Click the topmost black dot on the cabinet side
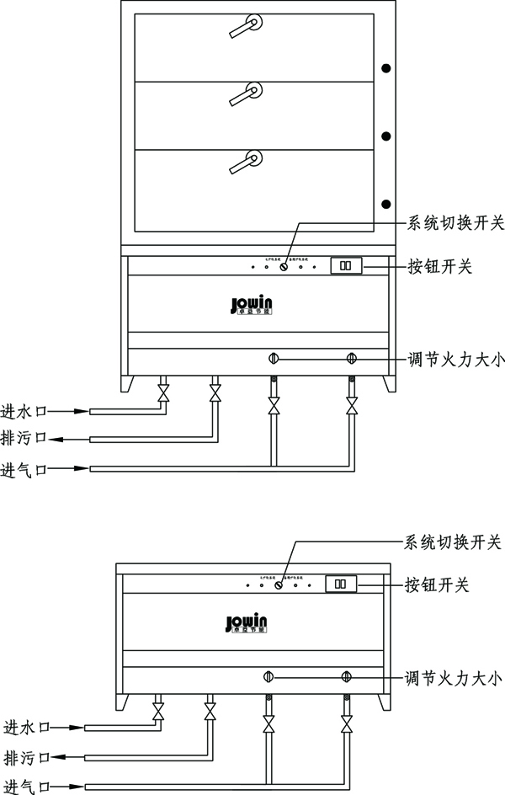(x=386, y=68)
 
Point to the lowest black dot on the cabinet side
(x=386, y=202)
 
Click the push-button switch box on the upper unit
(x=345, y=265)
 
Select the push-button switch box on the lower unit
(x=341, y=584)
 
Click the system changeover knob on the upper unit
(x=284, y=267)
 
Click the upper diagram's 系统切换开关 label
(x=455, y=223)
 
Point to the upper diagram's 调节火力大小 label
(x=454, y=359)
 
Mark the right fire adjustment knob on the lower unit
(x=346, y=676)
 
